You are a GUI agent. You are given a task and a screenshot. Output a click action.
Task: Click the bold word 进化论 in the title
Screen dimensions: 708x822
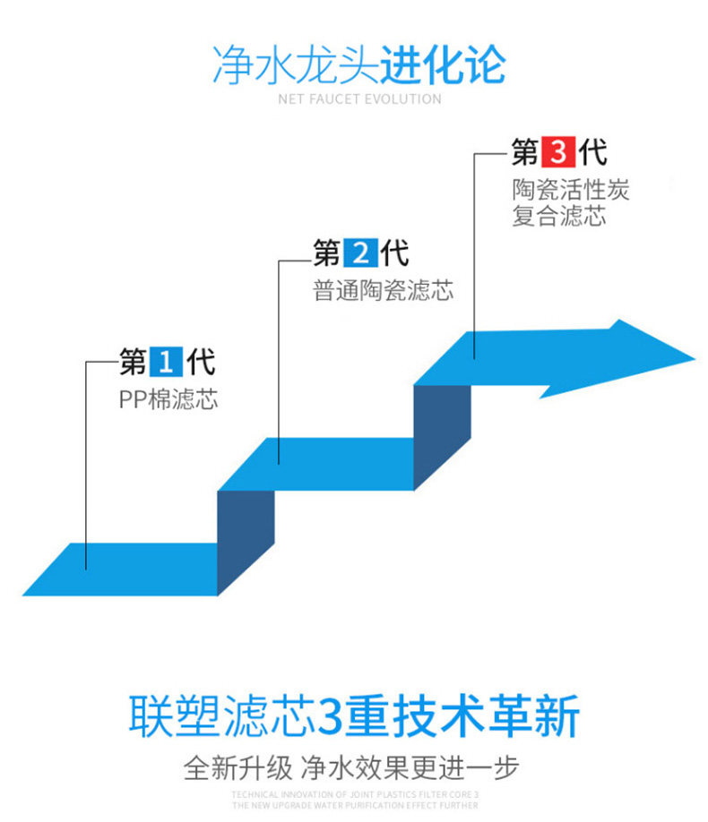444,64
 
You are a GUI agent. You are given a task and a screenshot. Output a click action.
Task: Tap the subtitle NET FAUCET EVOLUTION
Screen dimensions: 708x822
359,99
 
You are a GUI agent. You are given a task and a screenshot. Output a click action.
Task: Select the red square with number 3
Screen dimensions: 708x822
557,152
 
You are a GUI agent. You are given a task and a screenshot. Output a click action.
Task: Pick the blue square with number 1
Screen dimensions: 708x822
165,362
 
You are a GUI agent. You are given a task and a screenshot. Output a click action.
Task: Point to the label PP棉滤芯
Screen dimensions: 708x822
168,399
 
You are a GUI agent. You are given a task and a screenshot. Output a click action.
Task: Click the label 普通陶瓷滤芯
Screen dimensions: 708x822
383,291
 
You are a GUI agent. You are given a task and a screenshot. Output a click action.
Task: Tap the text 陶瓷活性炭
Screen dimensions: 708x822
571,190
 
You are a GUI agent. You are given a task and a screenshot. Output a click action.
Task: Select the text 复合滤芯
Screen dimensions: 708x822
559,217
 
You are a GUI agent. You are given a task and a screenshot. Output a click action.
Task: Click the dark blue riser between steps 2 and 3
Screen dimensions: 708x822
443,437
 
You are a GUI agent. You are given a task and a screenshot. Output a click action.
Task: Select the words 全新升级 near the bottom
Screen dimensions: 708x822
237,767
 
